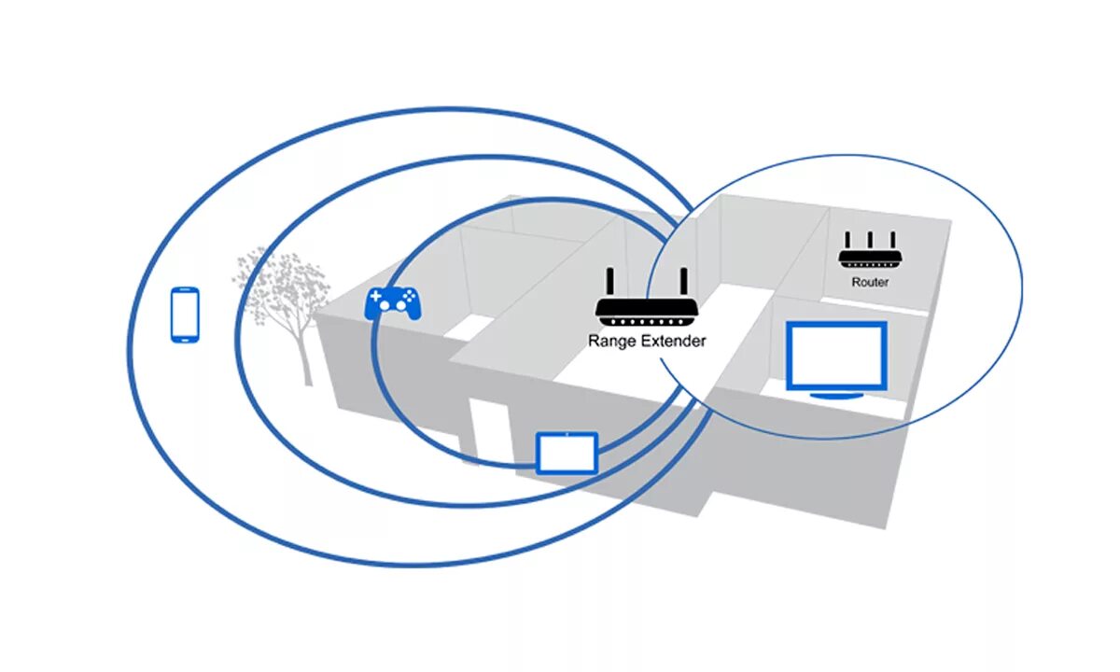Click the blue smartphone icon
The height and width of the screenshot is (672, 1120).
click(185, 315)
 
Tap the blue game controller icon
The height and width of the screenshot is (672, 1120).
click(392, 303)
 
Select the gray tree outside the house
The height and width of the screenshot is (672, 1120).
click(283, 289)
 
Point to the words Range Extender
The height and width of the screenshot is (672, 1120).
click(647, 342)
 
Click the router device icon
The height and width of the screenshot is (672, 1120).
click(869, 255)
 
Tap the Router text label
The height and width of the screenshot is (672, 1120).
click(869, 282)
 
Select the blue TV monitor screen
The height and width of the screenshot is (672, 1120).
click(835, 356)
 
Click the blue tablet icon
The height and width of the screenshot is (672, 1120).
click(567, 452)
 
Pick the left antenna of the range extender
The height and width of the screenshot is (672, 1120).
click(610, 283)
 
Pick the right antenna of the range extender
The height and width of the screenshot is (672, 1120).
click(683, 283)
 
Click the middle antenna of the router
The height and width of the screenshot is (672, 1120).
click(869, 240)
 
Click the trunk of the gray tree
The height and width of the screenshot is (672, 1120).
click(305, 359)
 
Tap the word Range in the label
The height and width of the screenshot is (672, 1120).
click(609, 342)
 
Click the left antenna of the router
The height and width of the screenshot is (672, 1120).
click(847, 241)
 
